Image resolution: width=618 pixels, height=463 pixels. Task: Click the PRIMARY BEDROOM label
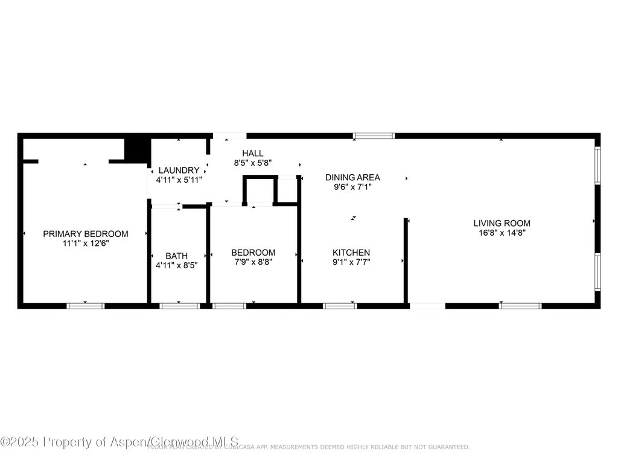click(85, 234)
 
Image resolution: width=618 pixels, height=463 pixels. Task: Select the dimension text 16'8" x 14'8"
click(502, 233)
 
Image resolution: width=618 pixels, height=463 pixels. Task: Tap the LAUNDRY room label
click(178, 170)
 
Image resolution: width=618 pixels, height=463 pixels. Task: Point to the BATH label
click(176, 256)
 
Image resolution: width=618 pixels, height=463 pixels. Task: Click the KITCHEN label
click(351, 252)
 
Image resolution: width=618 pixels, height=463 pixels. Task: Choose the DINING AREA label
click(352, 177)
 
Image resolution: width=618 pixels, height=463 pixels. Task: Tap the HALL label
click(253, 153)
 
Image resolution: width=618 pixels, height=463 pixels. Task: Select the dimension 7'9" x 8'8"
click(253, 262)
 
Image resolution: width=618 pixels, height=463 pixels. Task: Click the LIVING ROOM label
click(502, 223)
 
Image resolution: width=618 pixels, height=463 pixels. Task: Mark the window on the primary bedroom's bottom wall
click(85, 306)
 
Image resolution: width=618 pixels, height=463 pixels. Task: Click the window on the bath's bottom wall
click(179, 306)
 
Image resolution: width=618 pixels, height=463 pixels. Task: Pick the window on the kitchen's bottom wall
click(340, 306)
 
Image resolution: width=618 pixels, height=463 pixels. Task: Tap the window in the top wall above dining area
click(374, 136)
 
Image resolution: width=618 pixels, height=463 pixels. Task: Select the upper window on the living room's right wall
click(597, 165)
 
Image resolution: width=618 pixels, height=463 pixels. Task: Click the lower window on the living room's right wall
click(597, 272)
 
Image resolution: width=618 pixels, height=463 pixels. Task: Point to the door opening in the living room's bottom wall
click(427, 306)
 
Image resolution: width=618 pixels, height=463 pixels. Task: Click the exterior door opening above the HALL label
click(229, 136)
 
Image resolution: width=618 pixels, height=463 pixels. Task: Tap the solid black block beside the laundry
click(137, 150)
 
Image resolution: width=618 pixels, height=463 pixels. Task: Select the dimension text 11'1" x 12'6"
click(85, 244)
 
